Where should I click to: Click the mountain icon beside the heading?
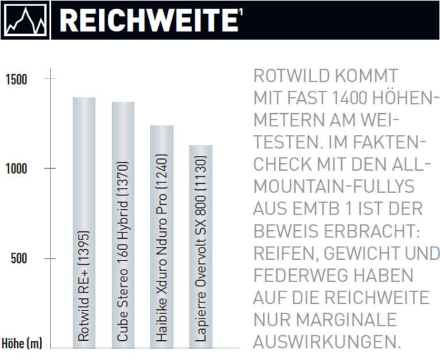tap(25, 20)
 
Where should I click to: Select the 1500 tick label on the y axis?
tap(17, 79)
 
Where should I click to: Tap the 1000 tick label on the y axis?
tap(17, 169)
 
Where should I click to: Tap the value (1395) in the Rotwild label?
tap(85, 247)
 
